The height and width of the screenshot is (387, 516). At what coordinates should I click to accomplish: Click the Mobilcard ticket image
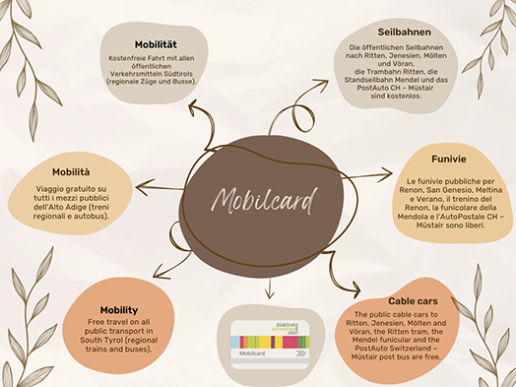pos(269,343)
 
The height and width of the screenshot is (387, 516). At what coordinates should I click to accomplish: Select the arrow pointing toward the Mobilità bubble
pos(139,185)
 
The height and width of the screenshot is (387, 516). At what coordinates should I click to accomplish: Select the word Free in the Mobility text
pos(97,321)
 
